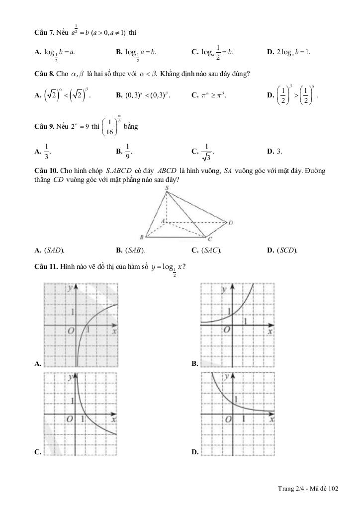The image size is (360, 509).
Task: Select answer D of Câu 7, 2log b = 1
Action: [293, 52]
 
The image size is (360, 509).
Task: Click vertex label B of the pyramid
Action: [142, 237]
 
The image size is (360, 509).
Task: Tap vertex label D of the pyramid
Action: [231, 222]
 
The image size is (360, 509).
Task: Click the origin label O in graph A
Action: [71, 331]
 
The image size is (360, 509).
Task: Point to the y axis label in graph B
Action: [224, 289]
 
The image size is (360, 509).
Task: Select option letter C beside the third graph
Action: [38, 452]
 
